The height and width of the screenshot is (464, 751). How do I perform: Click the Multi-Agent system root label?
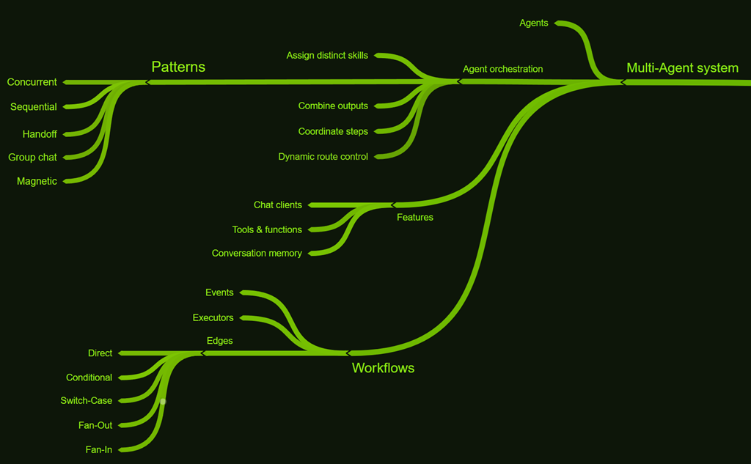(x=682, y=68)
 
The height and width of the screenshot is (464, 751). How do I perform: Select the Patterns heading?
(x=178, y=67)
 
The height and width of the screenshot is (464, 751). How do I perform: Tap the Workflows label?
(x=383, y=368)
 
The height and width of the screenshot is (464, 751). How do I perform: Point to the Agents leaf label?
(x=534, y=23)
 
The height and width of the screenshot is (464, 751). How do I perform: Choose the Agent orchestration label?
(x=503, y=69)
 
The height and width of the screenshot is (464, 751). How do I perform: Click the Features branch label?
(x=415, y=218)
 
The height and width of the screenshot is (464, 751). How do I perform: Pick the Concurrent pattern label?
(x=32, y=82)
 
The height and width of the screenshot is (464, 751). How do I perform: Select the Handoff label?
(x=40, y=134)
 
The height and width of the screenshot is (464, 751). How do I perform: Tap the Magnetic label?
(x=37, y=181)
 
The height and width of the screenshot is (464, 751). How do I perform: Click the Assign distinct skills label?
(x=327, y=56)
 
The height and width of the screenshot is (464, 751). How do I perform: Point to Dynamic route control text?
(x=323, y=157)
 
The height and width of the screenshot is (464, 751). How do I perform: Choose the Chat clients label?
(x=278, y=205)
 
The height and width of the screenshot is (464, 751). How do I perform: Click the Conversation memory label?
(x=257, y=254)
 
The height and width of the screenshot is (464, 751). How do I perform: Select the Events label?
(x=219, y=292)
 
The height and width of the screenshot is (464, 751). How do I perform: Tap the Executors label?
(x=213, y=318)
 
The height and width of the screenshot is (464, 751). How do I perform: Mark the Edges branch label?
(x=220, y=341)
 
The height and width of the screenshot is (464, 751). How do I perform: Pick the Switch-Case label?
(x=87, y=401)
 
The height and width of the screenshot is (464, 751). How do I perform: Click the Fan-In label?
(x=99, y=449)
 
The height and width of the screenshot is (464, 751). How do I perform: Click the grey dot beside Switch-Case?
(x=163, y=401)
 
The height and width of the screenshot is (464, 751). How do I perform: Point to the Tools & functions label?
(x=267, y=230)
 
